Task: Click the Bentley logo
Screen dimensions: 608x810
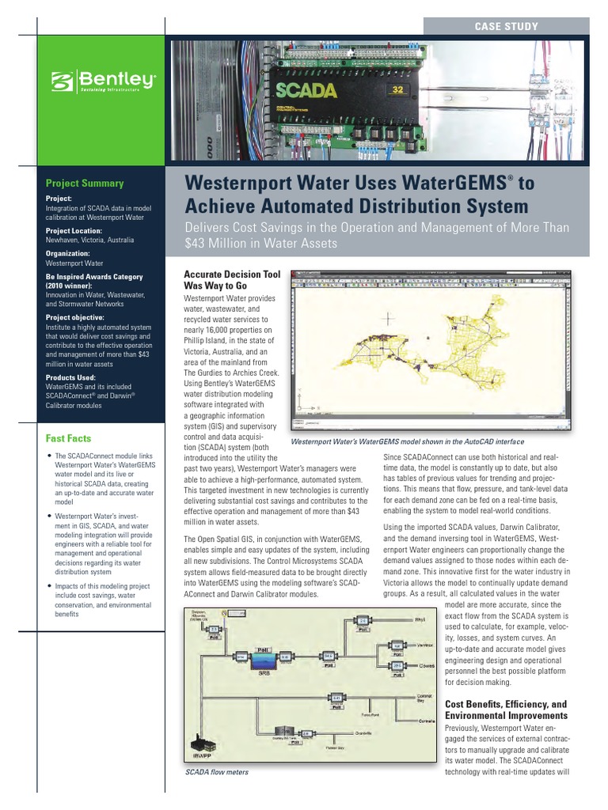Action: click(x=103, y=81)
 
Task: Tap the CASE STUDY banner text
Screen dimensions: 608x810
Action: click(x=506, y=27)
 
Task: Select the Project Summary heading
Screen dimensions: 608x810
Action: click(x=85, y=184)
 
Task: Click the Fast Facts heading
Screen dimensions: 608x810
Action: click(x=68, y=438)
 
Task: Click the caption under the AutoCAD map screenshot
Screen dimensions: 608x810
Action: click(x=408, y=442)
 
